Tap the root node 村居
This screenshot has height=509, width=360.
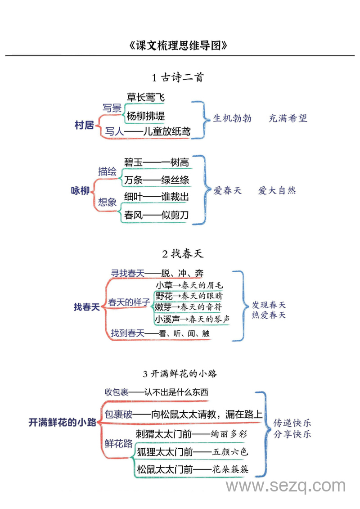[84, 125]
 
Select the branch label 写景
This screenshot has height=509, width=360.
[112, 108]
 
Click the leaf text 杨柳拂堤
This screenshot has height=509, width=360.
[146, 116]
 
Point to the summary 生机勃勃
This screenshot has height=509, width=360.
[232, 118]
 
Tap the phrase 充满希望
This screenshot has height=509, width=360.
[288, 118]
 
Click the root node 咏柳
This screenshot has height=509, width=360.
[81, 190]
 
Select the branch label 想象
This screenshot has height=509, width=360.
[108, 202]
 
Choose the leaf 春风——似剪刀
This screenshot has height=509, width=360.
[156, 215]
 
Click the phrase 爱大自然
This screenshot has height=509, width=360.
[277, 190]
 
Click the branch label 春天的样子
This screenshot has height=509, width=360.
[129, 302]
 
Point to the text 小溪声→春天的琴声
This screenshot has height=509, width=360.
[192, 319]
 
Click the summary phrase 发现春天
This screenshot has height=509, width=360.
[269, 305]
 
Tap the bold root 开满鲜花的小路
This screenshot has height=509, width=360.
[63, 423]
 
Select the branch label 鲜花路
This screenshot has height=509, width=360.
[119, 443]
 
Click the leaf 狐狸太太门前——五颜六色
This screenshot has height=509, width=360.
[192, 451]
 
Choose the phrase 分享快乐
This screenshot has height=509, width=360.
[292, 434]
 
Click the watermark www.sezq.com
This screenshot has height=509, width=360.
[285, 486]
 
